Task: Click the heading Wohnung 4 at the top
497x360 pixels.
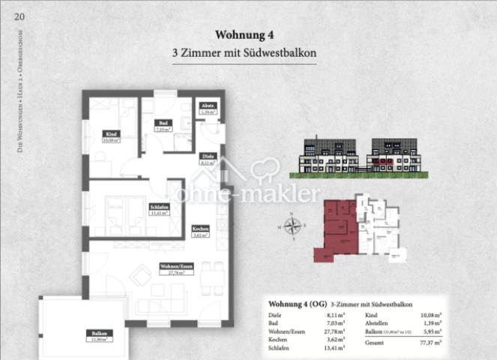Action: pos(247,34)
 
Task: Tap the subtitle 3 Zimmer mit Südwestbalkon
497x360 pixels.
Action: pos(247,54)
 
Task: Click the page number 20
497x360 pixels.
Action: pos(19,16)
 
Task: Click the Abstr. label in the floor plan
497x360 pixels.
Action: pos(206,106)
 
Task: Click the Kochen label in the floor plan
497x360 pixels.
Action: pos(200,229)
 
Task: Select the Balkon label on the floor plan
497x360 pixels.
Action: pos(98,333)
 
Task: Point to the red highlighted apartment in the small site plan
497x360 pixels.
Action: pos(337,229)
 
